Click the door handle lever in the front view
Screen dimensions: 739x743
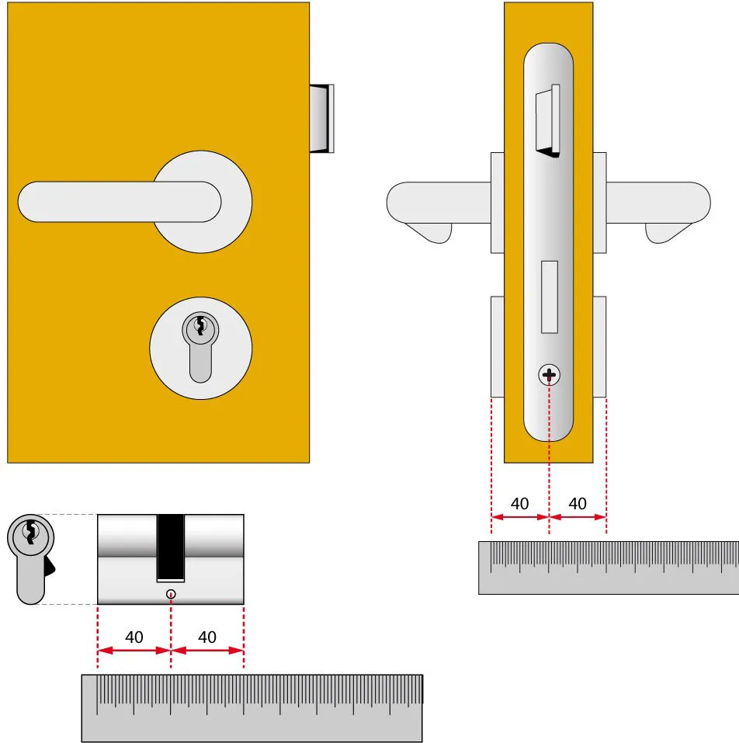(x=120, y=201)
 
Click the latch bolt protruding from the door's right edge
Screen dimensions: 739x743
(x=322, y=119)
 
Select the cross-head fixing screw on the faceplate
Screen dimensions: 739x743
(x=549, y=375)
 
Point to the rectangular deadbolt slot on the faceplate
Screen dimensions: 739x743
(x=550, y=297)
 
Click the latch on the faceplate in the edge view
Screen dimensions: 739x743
(x=547, y=121)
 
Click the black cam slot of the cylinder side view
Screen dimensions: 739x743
(x=171, y=548)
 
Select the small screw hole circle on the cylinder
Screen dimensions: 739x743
(x=171, y=594)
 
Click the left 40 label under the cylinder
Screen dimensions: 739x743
(x=134, y=637)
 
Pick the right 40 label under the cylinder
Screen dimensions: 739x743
(x=207, y=637)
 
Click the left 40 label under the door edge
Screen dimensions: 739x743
(x=519, y=503)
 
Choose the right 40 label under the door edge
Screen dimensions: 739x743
(x=578, y=503)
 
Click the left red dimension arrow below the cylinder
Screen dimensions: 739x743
(x=134, y=651)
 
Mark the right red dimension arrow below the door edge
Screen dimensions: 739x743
(x=578, y=517)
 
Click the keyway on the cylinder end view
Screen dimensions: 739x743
(x=31, y=532)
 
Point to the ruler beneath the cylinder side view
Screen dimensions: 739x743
(x=252, y=708)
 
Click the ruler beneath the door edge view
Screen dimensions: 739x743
(x=609, y=568)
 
